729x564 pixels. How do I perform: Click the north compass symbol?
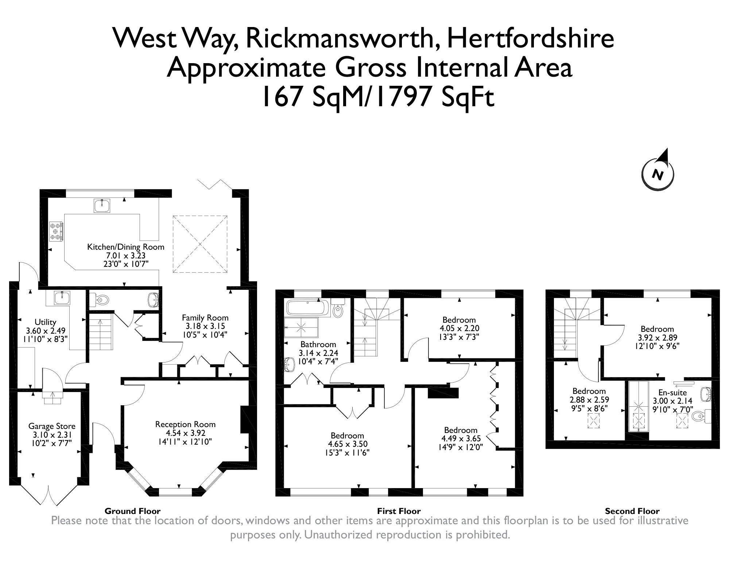[x=658, y=174]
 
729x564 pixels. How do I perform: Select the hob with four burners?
[x=56, y=231]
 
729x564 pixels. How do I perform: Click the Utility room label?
[x=45, y=322]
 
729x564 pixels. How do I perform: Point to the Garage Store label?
[x=52, y=426]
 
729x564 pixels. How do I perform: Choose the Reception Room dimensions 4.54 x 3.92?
[x=185, y=433]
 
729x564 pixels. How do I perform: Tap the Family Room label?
[x=205, y=318]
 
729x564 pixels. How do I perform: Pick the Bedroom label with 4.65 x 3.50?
[x=347, y=436]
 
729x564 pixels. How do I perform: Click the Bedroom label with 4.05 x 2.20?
[x=459, y=320]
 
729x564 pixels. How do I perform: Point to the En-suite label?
[x=672, y=393]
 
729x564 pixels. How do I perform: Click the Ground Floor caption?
[x=132, y=511]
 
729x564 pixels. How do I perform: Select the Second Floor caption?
[x=632, y=511]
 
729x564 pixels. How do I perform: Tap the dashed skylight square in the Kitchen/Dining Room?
[x=200, y=244]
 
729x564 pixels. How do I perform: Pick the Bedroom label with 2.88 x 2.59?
[x=589, y=391]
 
